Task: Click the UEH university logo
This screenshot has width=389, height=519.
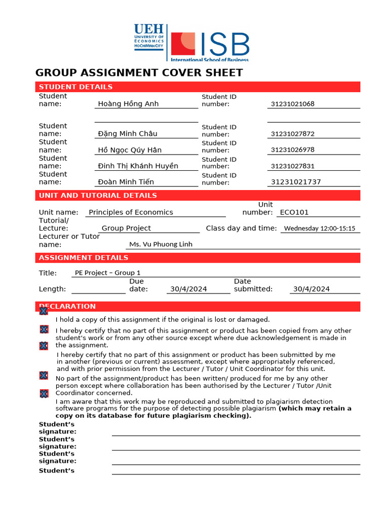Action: pyautogui.click(x=149, y=36)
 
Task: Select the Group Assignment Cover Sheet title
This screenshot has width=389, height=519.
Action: pyautogui.click(x=139, y=72)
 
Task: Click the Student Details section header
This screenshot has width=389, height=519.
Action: pyautogui.click(x=76, y=87)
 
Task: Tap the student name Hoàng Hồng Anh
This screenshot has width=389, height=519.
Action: pyautogui.click(x=128, y=104)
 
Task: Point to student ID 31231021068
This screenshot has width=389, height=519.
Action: pyautogui.click(x=293, y=104)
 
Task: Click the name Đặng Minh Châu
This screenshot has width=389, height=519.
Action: pyautogui.click(x=128, y=134)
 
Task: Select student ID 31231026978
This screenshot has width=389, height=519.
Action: pyautogui.click(x=293, y=150)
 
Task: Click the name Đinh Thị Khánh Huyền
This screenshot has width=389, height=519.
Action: pyautogui.click(x=138, y=166)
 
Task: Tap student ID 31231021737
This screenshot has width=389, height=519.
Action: pyautogui.click(x=296, y=182)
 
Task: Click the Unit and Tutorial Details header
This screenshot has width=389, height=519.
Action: pyautogui.click(x=98, y=195)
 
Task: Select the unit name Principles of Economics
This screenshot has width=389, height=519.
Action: pyautogui.click(x=131, y=212)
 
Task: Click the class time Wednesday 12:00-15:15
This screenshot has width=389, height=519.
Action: pyautogui.click(x=320, y=229)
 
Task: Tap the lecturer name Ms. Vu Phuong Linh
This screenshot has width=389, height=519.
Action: pyautogui.click(x=161, y=244)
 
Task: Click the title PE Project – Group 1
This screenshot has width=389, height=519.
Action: pyautogui.click(x=108, y=273)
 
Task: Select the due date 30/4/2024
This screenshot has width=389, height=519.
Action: pyautogui.click(x=188, y=289)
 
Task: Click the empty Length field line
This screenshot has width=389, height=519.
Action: pyautogui.click(x=98, y=289)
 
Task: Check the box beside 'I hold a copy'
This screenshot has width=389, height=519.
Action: pyautogui.click(x=44, y=311)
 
